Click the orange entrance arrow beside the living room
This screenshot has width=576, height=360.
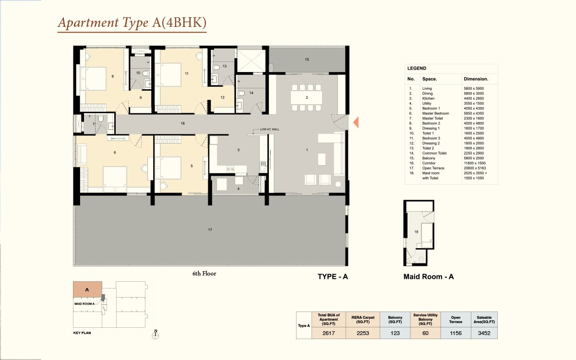356,122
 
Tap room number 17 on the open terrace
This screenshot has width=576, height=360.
210,229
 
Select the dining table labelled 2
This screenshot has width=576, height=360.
307,97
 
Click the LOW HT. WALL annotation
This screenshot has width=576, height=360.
269,129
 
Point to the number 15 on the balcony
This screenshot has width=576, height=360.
307,60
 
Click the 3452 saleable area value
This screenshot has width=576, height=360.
484,333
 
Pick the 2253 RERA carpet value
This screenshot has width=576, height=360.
362,333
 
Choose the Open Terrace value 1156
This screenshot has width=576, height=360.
456,333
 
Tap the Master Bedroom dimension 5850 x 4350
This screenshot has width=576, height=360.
474,113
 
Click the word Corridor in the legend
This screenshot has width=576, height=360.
429,163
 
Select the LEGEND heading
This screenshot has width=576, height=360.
417,68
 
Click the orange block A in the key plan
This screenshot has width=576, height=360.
87,289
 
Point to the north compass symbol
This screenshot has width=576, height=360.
156,335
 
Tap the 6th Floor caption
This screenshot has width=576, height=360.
204,274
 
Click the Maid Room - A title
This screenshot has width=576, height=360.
428,276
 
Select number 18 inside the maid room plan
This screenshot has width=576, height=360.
416,232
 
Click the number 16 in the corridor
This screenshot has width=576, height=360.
182,123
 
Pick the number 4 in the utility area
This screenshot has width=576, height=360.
239,189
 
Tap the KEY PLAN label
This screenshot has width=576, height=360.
82,333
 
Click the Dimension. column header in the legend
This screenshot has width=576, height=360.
476,79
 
